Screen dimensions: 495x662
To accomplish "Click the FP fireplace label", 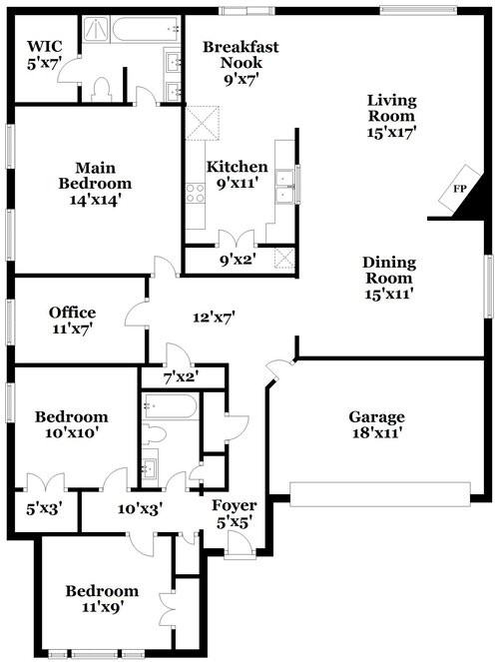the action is click(459, 189).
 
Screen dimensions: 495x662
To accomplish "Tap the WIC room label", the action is click(45, 46).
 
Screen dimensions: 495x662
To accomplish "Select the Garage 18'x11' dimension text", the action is click(377, 433).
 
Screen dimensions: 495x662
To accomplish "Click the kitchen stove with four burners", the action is click(195, 193).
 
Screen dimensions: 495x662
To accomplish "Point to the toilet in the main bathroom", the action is click(101, 90).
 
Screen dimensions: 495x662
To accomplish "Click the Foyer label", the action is click(234, 505).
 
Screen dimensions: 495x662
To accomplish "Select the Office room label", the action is click(72, 313).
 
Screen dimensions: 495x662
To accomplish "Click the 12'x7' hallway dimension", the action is click(214, 317).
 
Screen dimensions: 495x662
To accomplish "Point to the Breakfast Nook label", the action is click(241, 55).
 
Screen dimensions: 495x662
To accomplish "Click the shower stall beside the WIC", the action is click(96, 30).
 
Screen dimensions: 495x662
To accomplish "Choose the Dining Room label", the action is click(389, 270).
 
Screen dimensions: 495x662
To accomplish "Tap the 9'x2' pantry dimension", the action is click(238, 260).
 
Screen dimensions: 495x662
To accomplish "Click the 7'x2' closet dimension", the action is click(181, 377).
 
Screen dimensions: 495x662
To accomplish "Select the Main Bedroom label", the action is click(95, 176).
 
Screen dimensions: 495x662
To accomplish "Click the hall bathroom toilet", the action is click(153, 435).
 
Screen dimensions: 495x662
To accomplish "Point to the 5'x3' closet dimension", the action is click(44, 509).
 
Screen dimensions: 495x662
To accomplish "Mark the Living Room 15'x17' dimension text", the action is click(391, 132).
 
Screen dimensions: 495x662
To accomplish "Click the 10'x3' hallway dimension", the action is click(140, 509).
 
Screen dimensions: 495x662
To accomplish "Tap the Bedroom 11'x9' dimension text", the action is click(103, 607).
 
